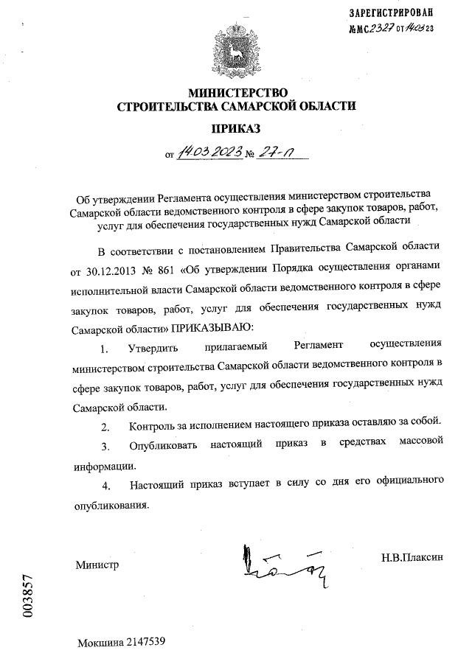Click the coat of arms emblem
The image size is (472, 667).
[x=236, y=49]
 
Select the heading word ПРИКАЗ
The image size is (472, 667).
[x=236, y=128]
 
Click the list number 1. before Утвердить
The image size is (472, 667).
[x=105, y=346]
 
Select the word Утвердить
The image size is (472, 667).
[x=152, y=346]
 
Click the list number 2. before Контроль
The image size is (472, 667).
[x=105, y=427]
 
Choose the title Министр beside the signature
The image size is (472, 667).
[x=96, y=565]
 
